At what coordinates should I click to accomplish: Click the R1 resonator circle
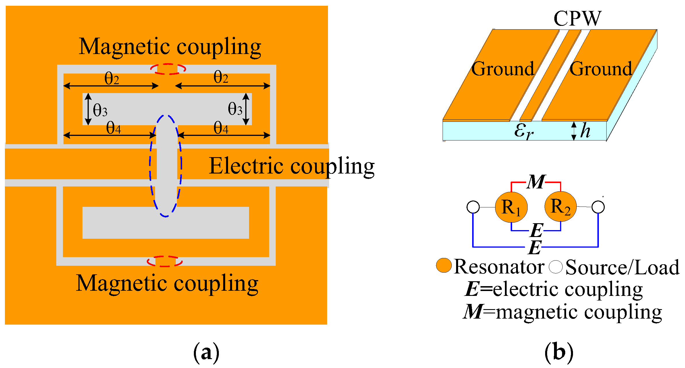tap(511, 207)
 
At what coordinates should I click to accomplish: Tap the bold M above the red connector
tap(536, 182)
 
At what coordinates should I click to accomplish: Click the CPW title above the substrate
tap(577, 19)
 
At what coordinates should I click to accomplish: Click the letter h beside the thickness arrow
tap(585, 131)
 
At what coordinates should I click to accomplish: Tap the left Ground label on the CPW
tap(503, 69)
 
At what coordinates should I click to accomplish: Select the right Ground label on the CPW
tap(601, 69)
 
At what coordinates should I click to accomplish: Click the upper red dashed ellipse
tap(168, 69)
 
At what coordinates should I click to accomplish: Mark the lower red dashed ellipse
tap(165, 261)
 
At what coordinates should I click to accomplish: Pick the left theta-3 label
tap(100, 110)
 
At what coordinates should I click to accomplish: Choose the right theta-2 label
tap(221, 78)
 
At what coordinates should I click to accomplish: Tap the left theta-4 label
tap(113, 128)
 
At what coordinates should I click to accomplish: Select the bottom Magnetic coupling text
tap(167, 284)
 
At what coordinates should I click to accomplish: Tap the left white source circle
tap(473, 207)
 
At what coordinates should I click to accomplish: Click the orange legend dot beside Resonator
tap(444, 265)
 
